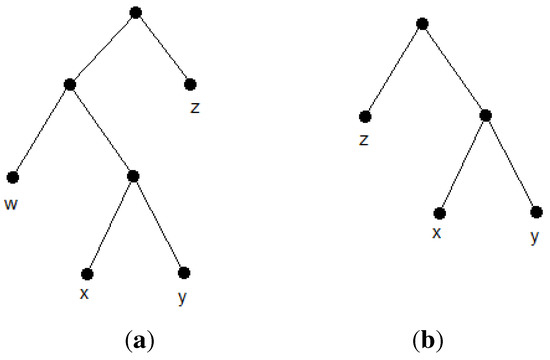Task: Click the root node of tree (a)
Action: click(x=136, y=12)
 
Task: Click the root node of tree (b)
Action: click(x=423, y=22)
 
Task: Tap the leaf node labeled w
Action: click(x=13, y=178)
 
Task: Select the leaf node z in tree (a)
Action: click(x=190, y=84)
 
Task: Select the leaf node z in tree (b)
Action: click(x=366, y=117)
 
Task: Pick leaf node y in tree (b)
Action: click(x=536, y=212)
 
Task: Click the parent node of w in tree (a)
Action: click(x=69, y=84)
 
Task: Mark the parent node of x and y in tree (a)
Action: click(x=133, y=177)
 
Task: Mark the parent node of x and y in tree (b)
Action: click(x=485, y=116)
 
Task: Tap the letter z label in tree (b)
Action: click(x=364, y=139)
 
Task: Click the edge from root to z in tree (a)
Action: click(x=163, y=48)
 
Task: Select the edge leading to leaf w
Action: click(x=41, y=131)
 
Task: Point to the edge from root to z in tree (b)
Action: click(x=394, y=70)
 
